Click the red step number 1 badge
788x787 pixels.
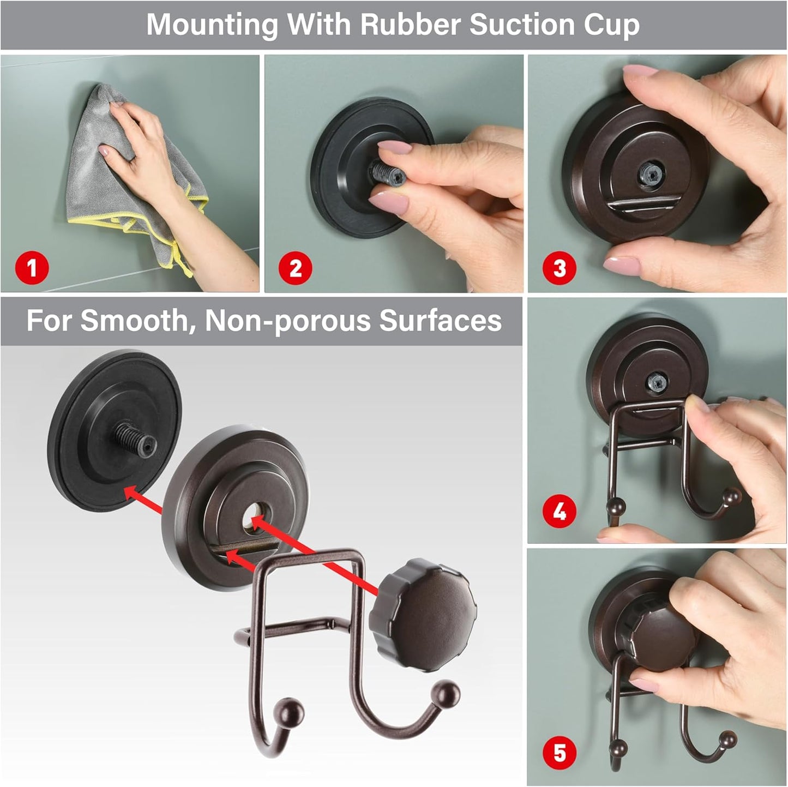coord(32,268)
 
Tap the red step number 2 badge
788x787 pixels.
coord(295,268)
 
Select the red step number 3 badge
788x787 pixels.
coord(560,268)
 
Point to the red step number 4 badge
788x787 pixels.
coord(560,512)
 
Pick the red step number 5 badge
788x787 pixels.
coord(560,753)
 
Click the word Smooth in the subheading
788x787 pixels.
coord(133,321)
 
